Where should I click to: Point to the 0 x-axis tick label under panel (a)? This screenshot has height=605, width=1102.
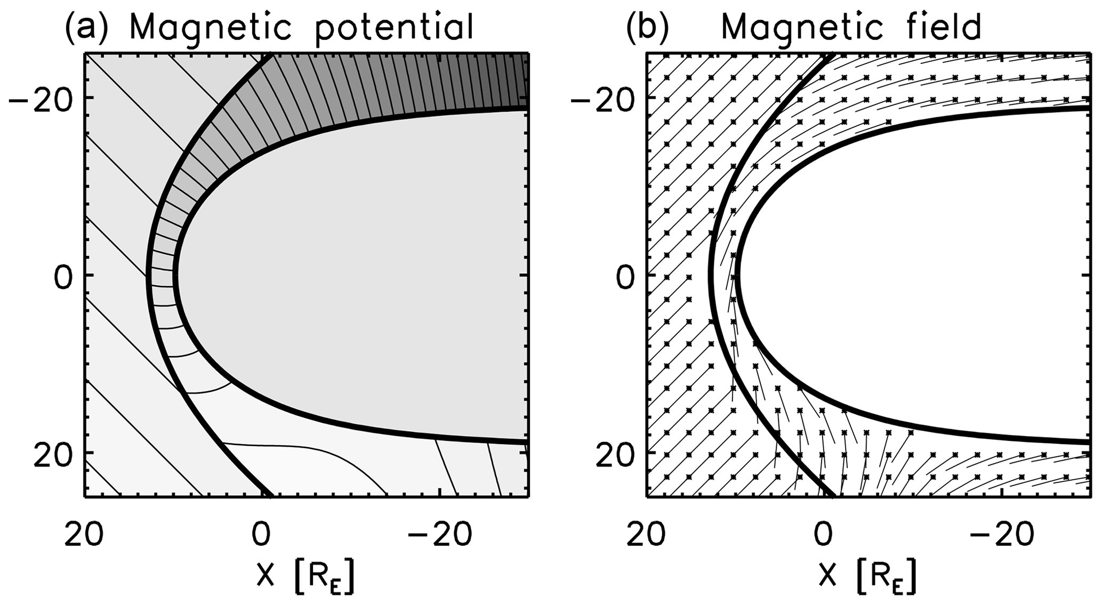click(x=261, y=534)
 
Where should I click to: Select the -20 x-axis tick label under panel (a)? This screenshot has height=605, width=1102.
click(x=439, y=534)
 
